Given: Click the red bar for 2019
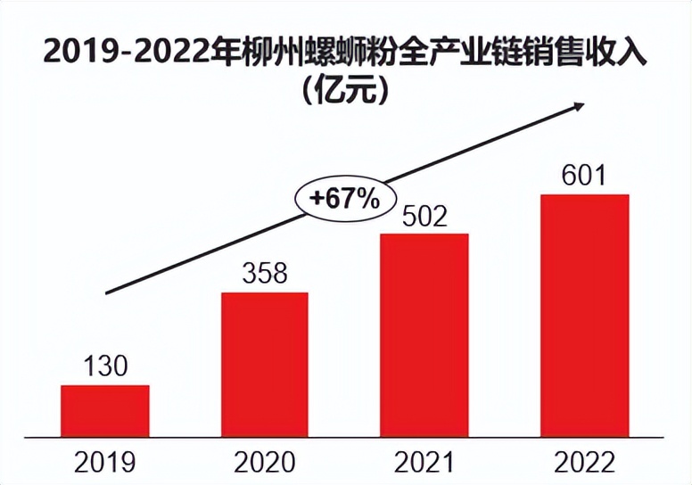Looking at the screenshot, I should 105,410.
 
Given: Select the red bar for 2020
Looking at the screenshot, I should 265,364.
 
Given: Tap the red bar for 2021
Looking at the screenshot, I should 424,334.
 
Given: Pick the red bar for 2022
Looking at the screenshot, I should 584,315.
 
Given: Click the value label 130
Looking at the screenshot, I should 106,366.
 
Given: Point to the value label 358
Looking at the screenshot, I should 265,274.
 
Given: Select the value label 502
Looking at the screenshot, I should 424,216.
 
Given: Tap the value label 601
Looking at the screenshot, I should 584,175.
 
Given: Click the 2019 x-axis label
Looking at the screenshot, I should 105,462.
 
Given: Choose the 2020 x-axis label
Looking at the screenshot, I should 265,462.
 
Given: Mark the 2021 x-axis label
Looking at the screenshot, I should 424,462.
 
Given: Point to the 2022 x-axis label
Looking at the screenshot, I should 584,462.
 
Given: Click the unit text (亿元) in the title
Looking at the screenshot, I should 346,90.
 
